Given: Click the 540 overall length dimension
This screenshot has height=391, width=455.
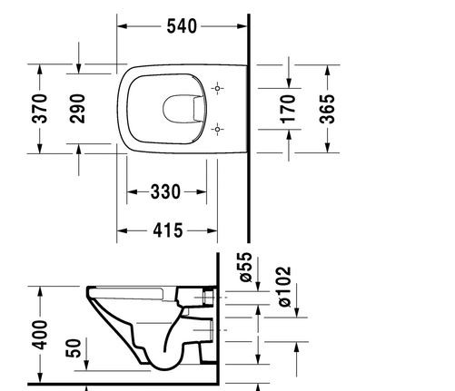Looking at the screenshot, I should pyautogui.click(x=182, y=26).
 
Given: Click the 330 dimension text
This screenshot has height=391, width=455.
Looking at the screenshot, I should pyautogui.click(x=164, y=191).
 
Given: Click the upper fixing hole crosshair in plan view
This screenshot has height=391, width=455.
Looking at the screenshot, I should pyautogui.click(x=216, y=89).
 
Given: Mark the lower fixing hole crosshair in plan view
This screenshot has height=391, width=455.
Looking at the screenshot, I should pyautogui.click(x=216, y=130).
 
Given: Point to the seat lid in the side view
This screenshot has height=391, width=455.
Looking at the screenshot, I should pyautogui.click(x=132, y=291).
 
